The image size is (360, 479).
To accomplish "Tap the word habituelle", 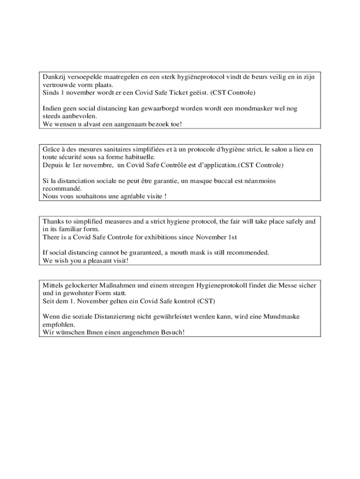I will pos(136,157).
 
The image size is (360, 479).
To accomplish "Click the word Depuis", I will pos(52,165).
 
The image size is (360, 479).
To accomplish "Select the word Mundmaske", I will pos(281,317).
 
